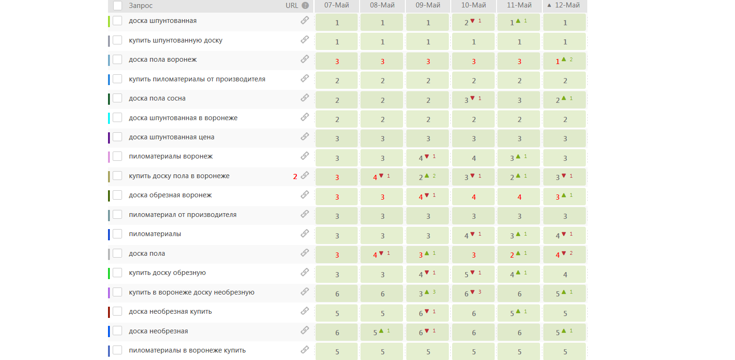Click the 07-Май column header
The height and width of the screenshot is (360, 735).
pos(337,6)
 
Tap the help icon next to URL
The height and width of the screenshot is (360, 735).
pos(305,6)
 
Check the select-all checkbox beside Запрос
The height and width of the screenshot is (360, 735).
pos(117,6)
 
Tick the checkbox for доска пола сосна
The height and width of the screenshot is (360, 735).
pos(117,98)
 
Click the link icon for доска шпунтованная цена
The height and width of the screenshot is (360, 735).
pos(305,137)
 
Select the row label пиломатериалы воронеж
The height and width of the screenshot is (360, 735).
pos(171,156)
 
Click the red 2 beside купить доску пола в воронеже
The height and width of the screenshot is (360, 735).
pos(295,177)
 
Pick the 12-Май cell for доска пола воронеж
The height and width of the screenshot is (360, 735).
pos(564,61)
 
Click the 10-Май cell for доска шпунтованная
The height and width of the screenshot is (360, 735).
pos(473,22)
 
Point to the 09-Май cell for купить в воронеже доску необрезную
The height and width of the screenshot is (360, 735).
pos(427,294)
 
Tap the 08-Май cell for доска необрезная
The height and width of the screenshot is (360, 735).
pos(382,332)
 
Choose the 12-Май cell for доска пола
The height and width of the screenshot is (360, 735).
pos(564,255)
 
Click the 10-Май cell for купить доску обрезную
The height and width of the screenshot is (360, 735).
pos(473,274)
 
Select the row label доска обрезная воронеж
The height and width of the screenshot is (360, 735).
pos(170,195)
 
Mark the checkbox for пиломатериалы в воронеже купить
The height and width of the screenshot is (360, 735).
pos(117,350)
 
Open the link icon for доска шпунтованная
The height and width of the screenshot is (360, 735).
pos(305,21)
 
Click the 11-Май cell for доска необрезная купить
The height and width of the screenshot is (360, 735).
pos(519,313)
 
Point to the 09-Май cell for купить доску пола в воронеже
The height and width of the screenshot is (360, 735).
pos(427,177)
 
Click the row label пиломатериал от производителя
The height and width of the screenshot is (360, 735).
pos(182,215)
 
